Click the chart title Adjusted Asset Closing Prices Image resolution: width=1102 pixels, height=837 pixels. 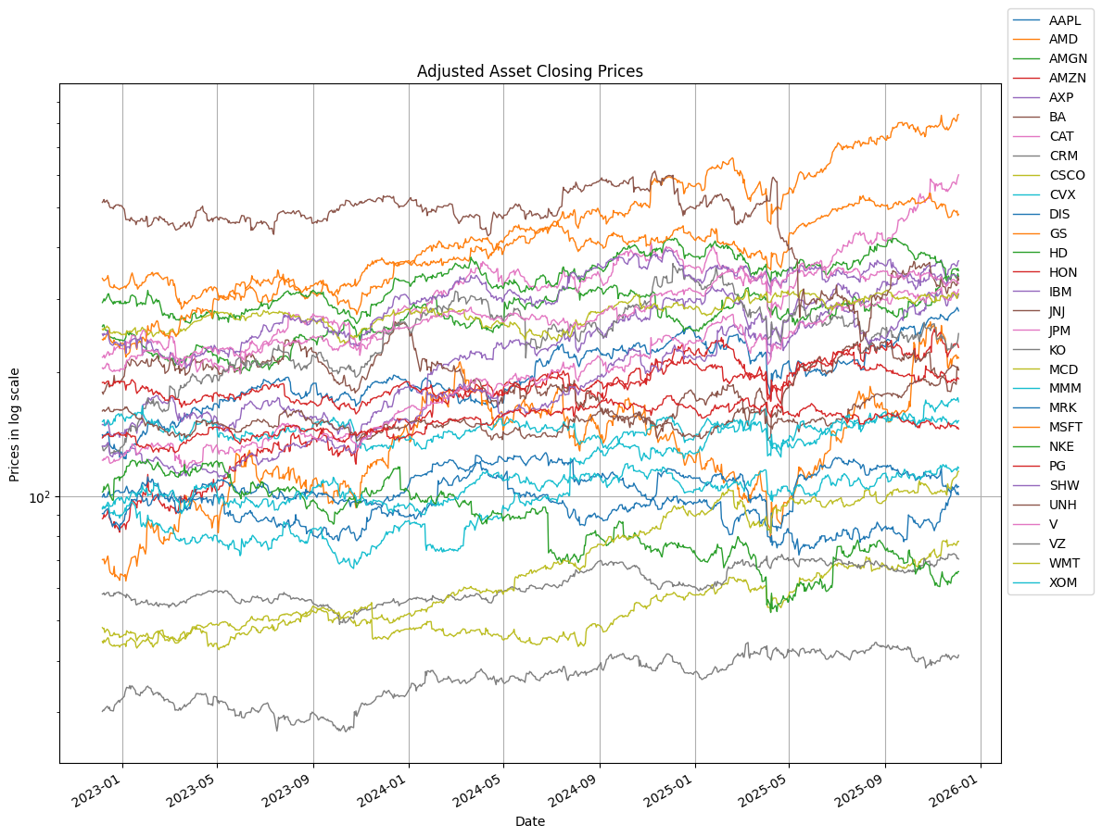point(529,71)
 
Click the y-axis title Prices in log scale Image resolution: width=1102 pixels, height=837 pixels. point(15,424)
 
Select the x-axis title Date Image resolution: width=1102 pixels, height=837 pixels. point(529,821)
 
